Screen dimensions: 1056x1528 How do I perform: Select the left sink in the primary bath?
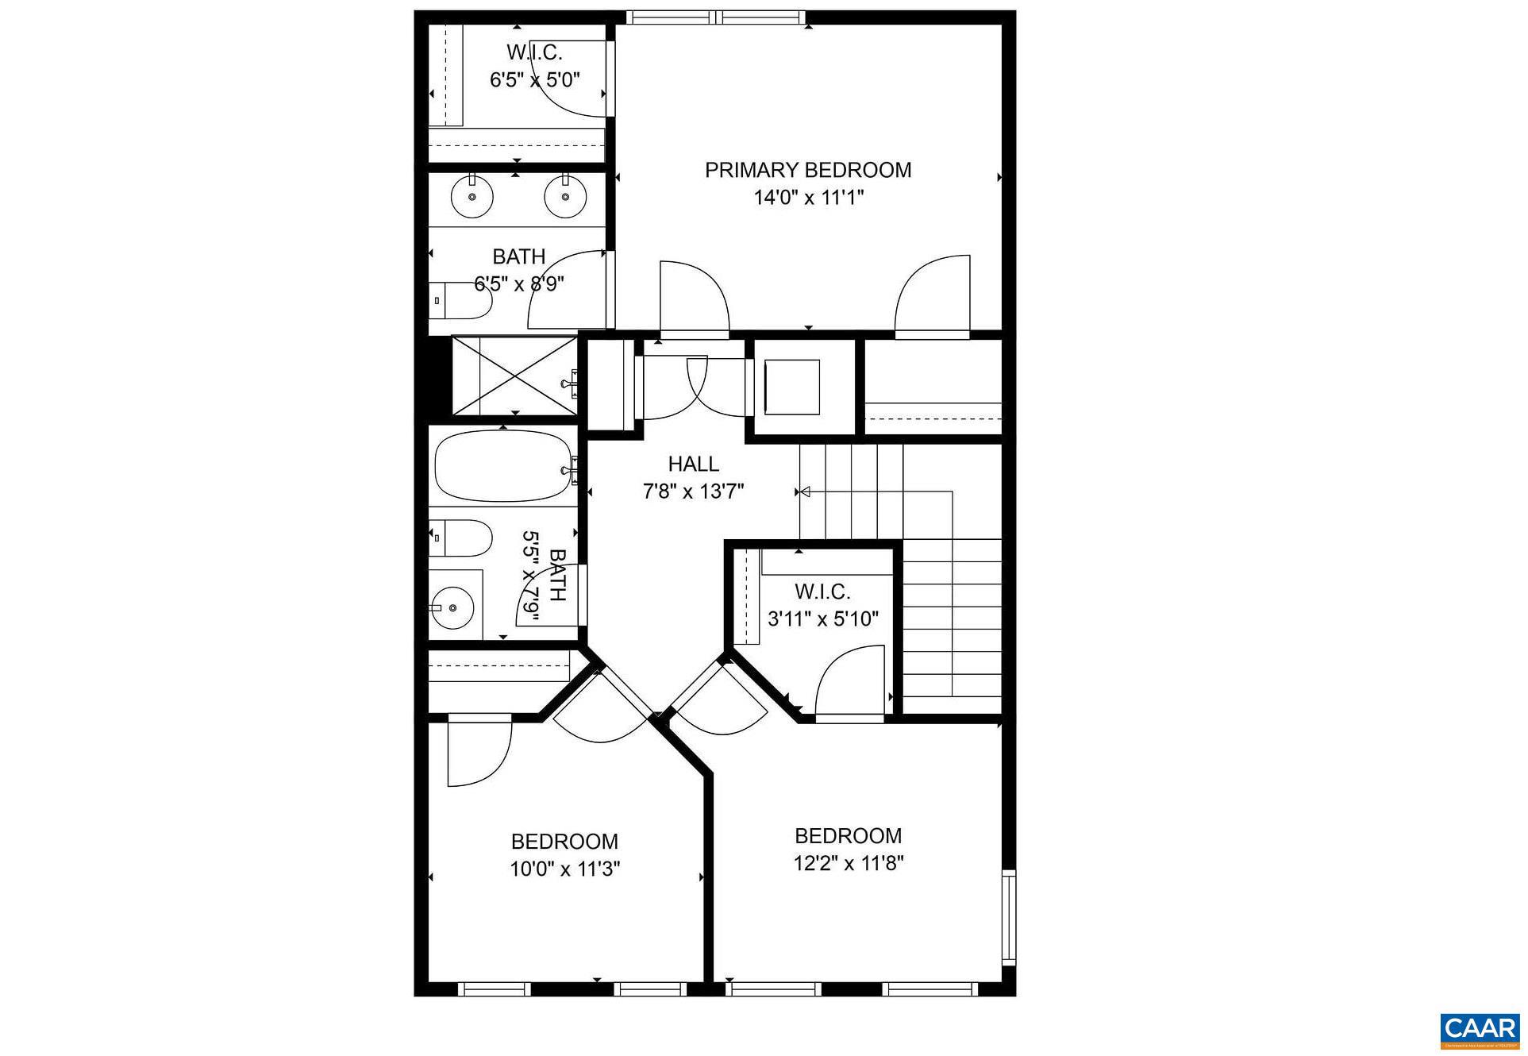(x=472, y=196)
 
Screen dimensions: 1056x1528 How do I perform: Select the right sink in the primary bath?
(x=566, y=196)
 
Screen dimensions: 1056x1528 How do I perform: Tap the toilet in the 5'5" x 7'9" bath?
(x=460, y=538)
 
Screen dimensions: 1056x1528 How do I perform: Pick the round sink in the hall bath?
(x=452, y=607)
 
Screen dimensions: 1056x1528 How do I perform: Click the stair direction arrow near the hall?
(x=805, y=493)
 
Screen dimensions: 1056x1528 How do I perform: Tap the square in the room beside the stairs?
(x=792, y=387)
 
